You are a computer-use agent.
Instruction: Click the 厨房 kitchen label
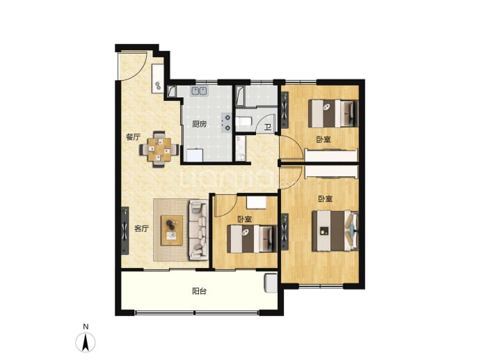click(199, 124)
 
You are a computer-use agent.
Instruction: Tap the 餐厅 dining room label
click(133, 137)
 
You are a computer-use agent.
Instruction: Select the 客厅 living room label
click(142, 228)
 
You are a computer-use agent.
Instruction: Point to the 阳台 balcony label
click(199, 291)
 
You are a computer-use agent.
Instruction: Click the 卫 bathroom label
click(268, 127)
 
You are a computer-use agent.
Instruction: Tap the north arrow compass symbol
click(86, 342)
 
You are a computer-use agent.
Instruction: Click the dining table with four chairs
click(159, 149)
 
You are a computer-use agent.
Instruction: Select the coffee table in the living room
click(172, 230)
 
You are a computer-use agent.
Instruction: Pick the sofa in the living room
click(198, 230)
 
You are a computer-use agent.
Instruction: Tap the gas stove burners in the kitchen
click(227, 123)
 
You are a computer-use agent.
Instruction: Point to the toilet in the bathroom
click(244, 122)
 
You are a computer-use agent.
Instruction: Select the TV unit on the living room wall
click(125, 230)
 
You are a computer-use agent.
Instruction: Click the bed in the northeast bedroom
click(333, 114)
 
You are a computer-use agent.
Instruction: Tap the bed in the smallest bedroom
click(252, 239)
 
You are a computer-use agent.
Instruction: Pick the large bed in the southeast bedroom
click(335, 230)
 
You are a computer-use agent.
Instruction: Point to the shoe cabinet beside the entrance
click(158, 79)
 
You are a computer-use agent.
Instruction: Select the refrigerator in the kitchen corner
click(195, 155)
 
